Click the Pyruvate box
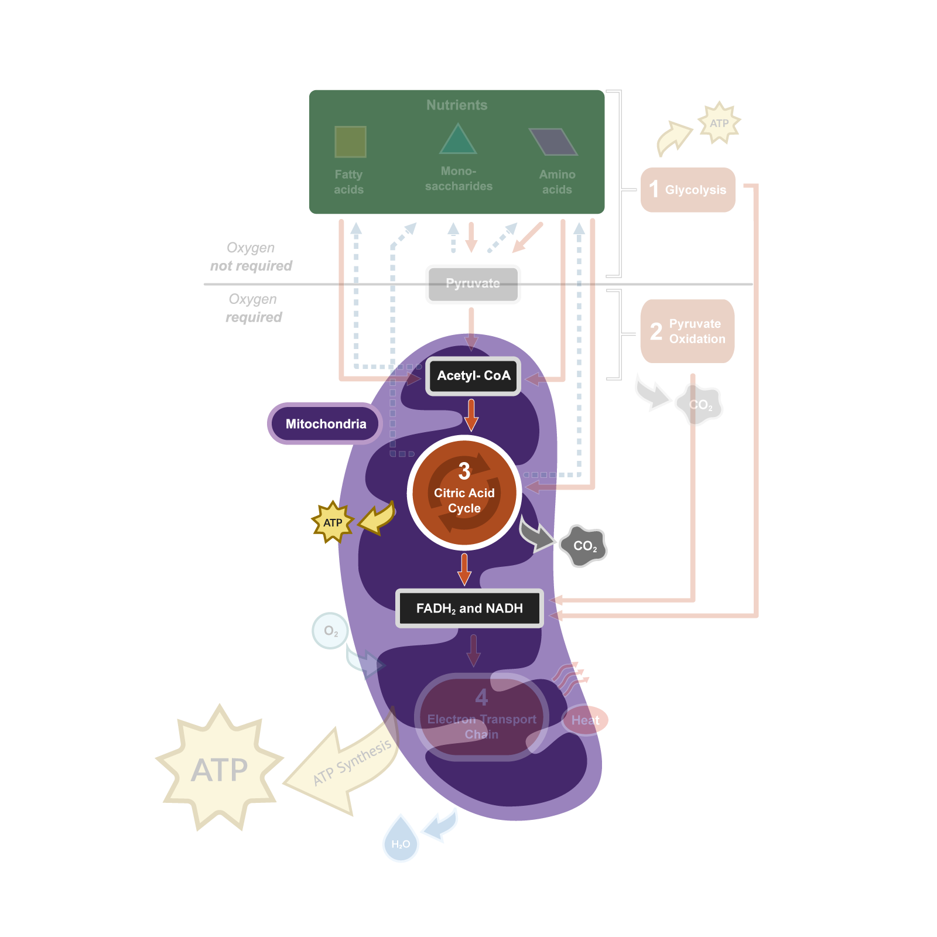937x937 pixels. pyautogui.click(x=473, y=284)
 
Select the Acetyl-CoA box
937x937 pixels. pyautogui.click(x=473, y=376)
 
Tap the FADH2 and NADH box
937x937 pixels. pyautogui.click(x=469, y=608)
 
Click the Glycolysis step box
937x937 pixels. pyautogui.click(x=688, y=190)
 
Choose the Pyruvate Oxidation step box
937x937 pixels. pyautogui.click(x=688, y=331)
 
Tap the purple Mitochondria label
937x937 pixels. pyautogui.click(x=325, y=424)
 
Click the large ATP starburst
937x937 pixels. pyautogui.click(x=220, y=768)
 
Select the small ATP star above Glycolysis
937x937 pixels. pyautogui.click(x=719, y=123)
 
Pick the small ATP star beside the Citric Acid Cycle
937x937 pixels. pyautogui.click(x=333, y=522)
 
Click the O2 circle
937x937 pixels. pyautogui.click(x=330, y=631)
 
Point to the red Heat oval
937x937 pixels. pyautogui.click(x=586, y=720)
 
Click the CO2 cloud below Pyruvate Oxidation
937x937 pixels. pyautogui.click(x=700, y=405)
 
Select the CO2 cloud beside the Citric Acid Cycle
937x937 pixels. pyautogui.click(x=583, y=546)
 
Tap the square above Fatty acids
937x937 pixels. pyautogui.click(x=350, y=142)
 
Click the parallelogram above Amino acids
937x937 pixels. pyautogui.click(x=553, y=142)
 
